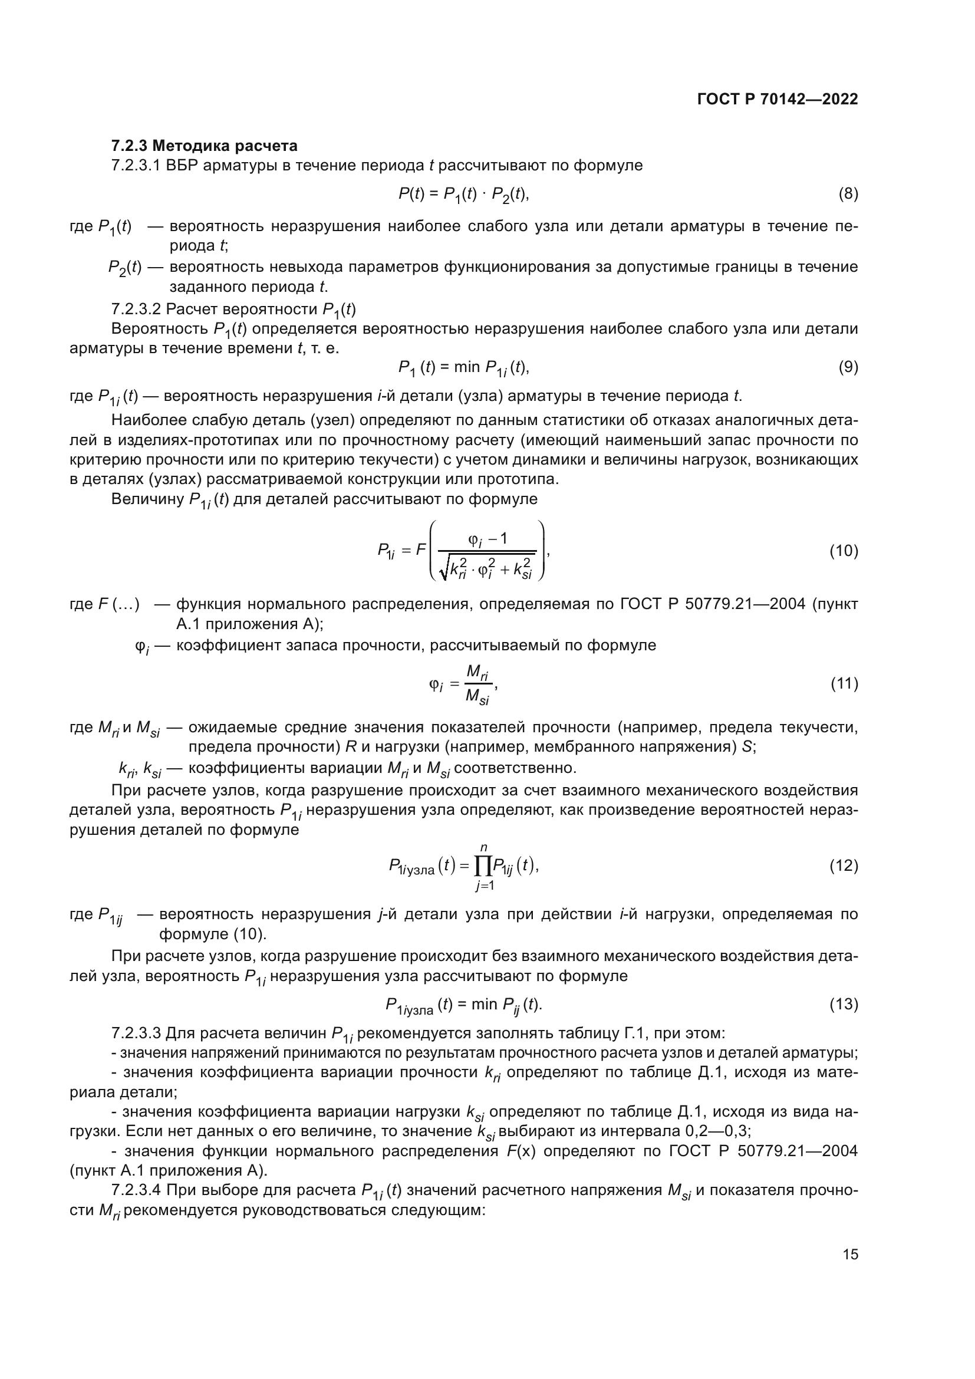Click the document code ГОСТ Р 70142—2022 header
coord(778,100)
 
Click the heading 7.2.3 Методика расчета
coord(204,146)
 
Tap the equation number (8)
coord(848,193)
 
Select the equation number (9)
coord(848,367)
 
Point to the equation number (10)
coord(844,551)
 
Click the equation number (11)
coord(844,683)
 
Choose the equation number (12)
coord(844,865)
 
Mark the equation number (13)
coord(844,1004)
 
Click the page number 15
coord(850,1255)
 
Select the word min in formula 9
coord(466,367)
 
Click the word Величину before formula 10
coord(147,499)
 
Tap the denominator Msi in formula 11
coord(477,697)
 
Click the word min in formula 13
coord(484,1004)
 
